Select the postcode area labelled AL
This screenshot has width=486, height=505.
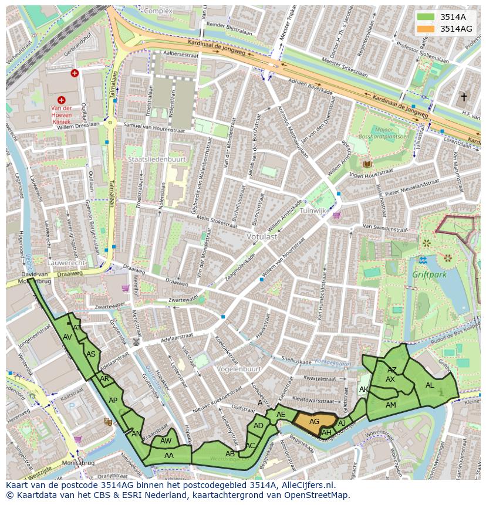(430, 385)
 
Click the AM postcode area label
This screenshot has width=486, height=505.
(390, 405)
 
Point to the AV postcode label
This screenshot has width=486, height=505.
(67, 337)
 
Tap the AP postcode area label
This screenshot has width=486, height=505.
(113, 401)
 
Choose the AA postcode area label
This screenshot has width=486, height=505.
(169, 455)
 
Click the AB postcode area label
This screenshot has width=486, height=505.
(230, 453)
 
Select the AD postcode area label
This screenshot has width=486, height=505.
(258, 426)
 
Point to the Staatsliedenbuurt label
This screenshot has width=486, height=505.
(156, 159)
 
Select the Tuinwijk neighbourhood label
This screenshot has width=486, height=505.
(312, 210)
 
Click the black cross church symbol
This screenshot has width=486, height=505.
(464, 97)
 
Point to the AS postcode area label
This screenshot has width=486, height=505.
(91, 354)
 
